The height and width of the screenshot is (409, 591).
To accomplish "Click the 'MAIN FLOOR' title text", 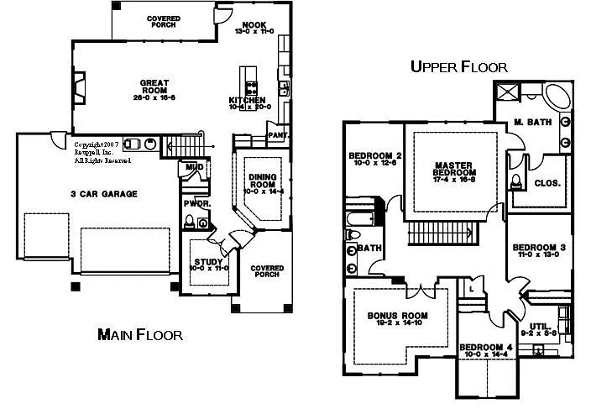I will pos(139,335).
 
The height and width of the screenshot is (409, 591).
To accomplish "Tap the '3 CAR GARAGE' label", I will pos(103,194).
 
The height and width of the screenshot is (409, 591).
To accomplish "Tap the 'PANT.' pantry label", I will pos(278,134).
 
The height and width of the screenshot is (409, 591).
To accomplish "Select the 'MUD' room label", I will pos(195,167).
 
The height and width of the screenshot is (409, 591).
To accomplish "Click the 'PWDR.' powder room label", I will pos(196,203).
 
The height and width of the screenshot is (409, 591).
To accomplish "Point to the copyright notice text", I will pos(96,152).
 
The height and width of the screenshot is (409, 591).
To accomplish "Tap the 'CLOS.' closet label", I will pos(547,182).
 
